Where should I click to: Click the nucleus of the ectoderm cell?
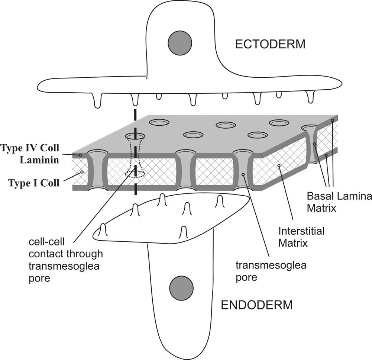pos(180,41)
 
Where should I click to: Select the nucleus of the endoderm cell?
pos(181,288)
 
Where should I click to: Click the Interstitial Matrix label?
pos(301,237)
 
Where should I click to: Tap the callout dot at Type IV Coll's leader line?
pos(80,154)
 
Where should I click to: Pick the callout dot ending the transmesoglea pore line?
pos(243,174)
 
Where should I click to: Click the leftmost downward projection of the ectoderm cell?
pos(98,101)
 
